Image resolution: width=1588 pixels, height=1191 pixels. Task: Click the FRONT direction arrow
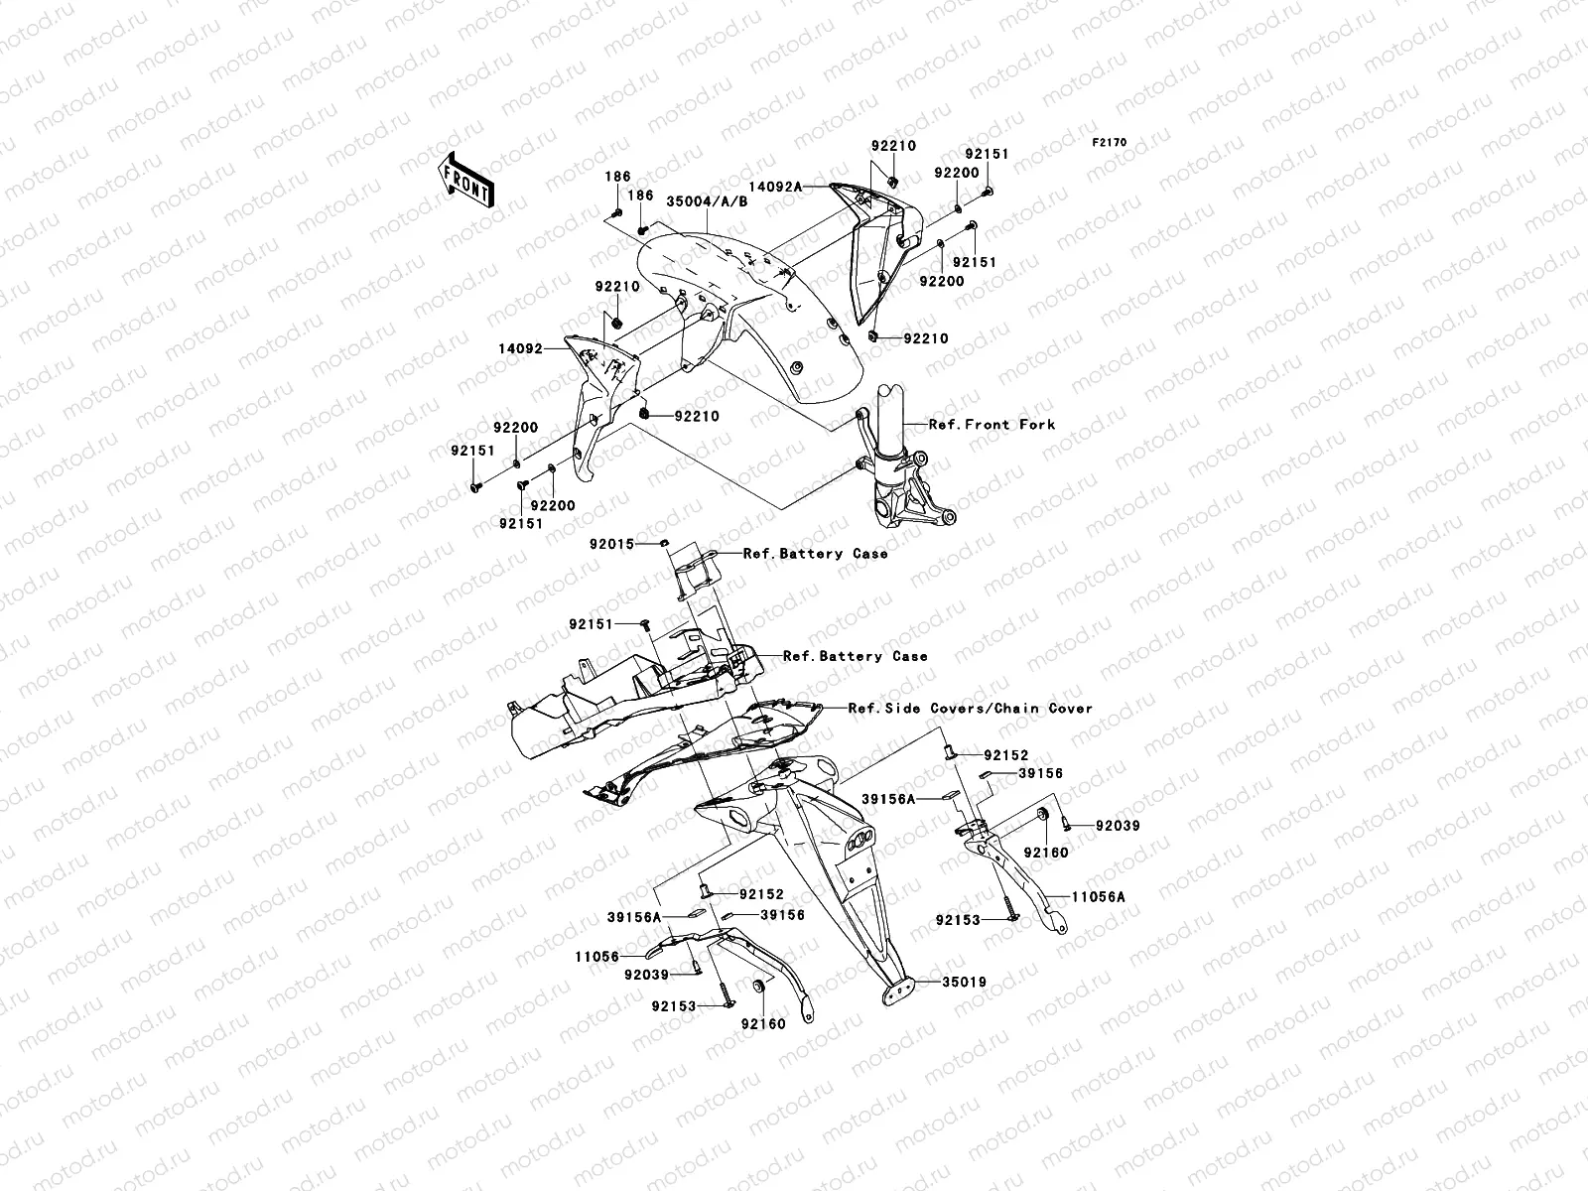click(x=466, y=180)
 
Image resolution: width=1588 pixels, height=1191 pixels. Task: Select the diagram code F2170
click(x=1109, y=143)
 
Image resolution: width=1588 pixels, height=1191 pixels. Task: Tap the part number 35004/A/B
click(x=707, y=201)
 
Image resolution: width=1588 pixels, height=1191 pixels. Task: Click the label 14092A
click(x=775, y=187)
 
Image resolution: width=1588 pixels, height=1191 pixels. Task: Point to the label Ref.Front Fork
click(x=992, y=425)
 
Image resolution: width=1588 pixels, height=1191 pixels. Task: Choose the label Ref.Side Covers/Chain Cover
click(x=970, y=708)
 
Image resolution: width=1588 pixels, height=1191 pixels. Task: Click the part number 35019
click(x=965, y=982)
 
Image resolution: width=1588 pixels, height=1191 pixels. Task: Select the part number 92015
click(x=611, y=544)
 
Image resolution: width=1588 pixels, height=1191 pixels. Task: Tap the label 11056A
click(x=1099, y=896)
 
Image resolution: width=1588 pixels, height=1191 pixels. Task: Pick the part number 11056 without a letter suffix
click(x=596, y=957)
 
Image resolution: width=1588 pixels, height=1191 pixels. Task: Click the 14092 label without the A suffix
click(x=520, y=348)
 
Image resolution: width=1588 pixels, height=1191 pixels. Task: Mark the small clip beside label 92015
click(x=663, y=543)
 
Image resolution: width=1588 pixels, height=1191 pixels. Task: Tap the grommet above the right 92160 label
click(x=1043, y=815)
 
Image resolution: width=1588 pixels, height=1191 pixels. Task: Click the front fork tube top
click(x=890, y=394)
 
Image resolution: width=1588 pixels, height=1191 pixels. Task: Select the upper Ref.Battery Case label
click(x=816, y=553)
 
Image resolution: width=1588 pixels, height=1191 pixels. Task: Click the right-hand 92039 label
click(x=1118, y=825)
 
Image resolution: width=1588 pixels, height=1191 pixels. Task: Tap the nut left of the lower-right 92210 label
click(x=873, y=336)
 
